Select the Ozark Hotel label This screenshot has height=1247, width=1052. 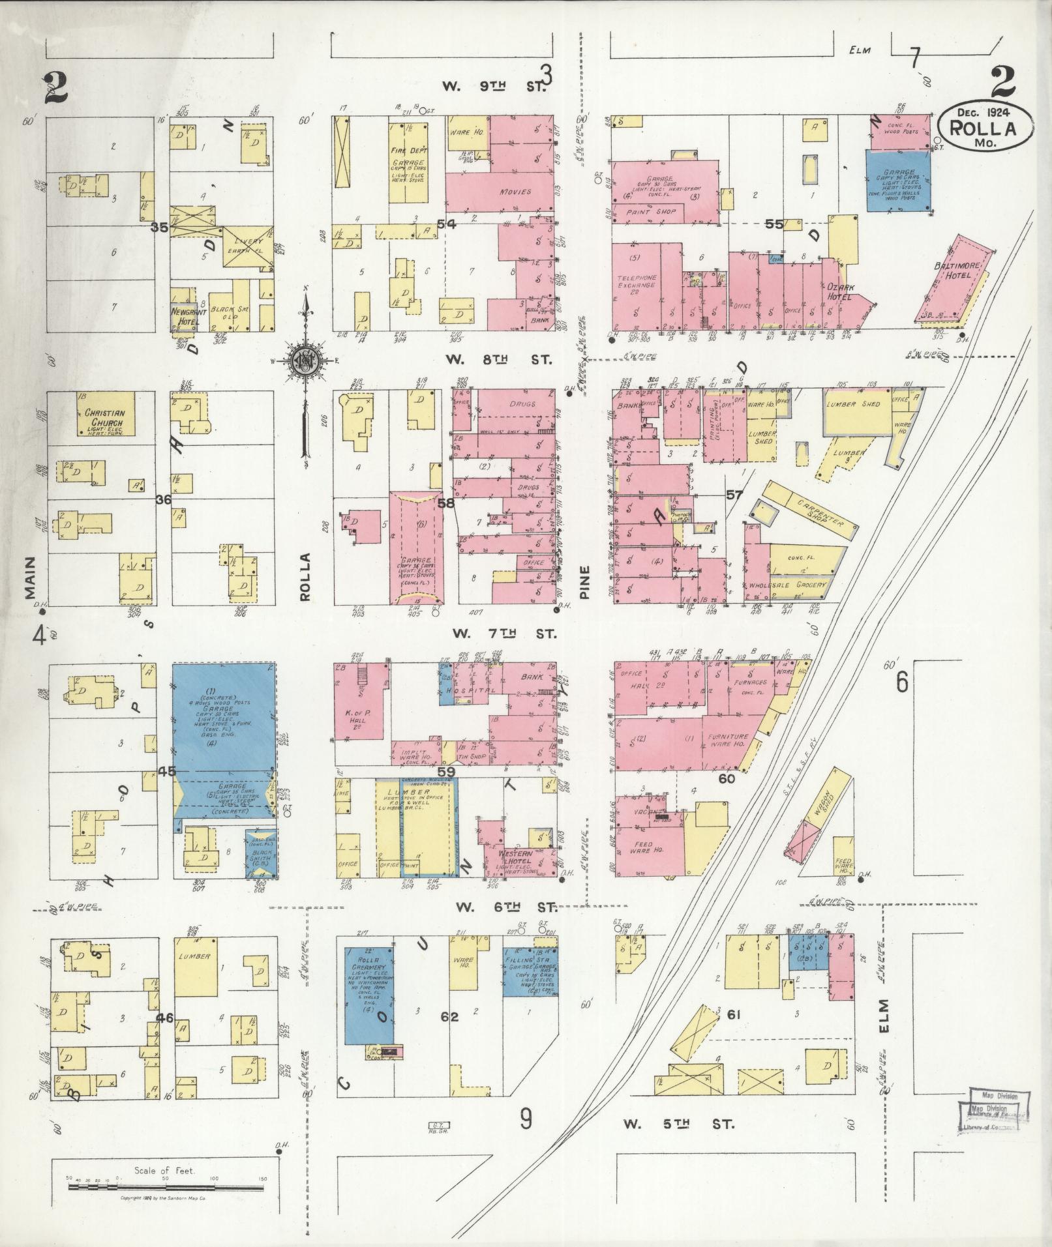(840, 291)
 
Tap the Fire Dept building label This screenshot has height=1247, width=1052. (408, 149)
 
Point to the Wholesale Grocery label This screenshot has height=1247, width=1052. (788, 585)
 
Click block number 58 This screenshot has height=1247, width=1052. (446, 503)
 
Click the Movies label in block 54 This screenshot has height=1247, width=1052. (515, 192)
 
